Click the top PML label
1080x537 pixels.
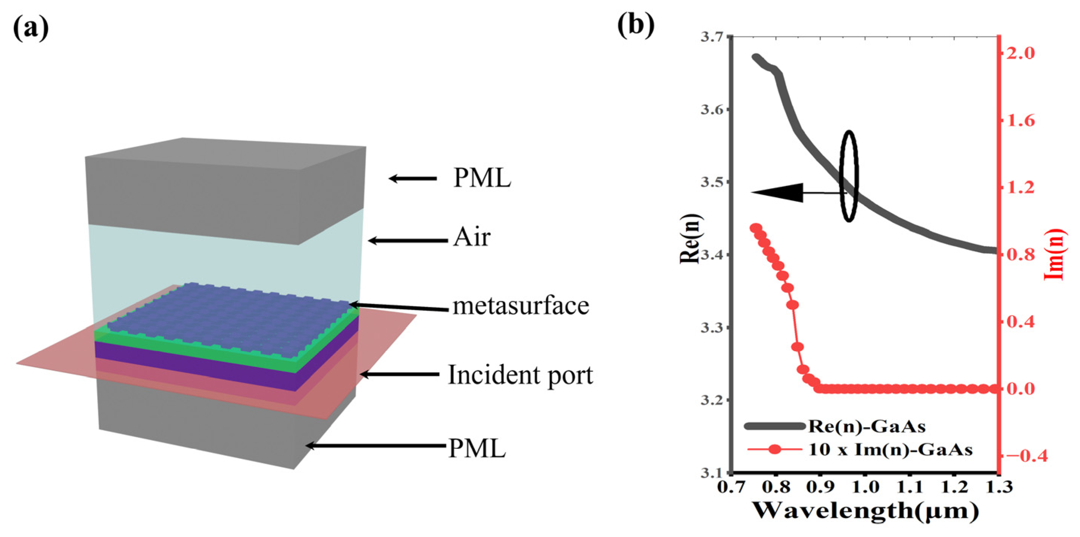[x=482, y=178]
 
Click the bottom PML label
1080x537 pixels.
[x=477, y=448]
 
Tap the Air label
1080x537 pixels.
[x=471, y=238]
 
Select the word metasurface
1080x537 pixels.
[x=521, y=306]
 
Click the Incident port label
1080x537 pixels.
[x=520, y=374]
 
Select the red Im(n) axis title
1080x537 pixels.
[x=1054, y=254]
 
